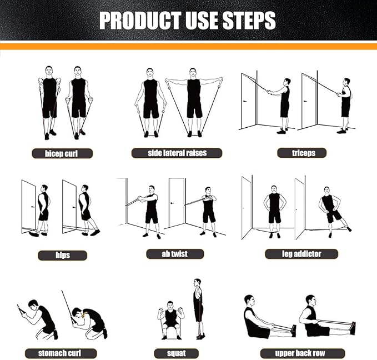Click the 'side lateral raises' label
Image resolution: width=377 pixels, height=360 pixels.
pyautogui.click(x=177, y=153)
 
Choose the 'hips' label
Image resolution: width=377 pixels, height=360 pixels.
pyautogui.click(x=62, y=255)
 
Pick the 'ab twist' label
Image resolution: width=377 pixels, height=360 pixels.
pyautogui.click(x=175, y=254)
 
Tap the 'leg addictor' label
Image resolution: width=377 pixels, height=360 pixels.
pyautogui.click(x=301, y=254)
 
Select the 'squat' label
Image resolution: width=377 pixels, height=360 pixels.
pyautogui.click(x=176, y=353)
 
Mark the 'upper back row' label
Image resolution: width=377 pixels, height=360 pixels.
pyautogui.click(x=302, y=353)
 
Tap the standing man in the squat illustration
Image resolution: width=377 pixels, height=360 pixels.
pyautogui.click(x=198, y=308)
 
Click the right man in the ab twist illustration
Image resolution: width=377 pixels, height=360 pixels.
pyautogui.click(x=208, y=208)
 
